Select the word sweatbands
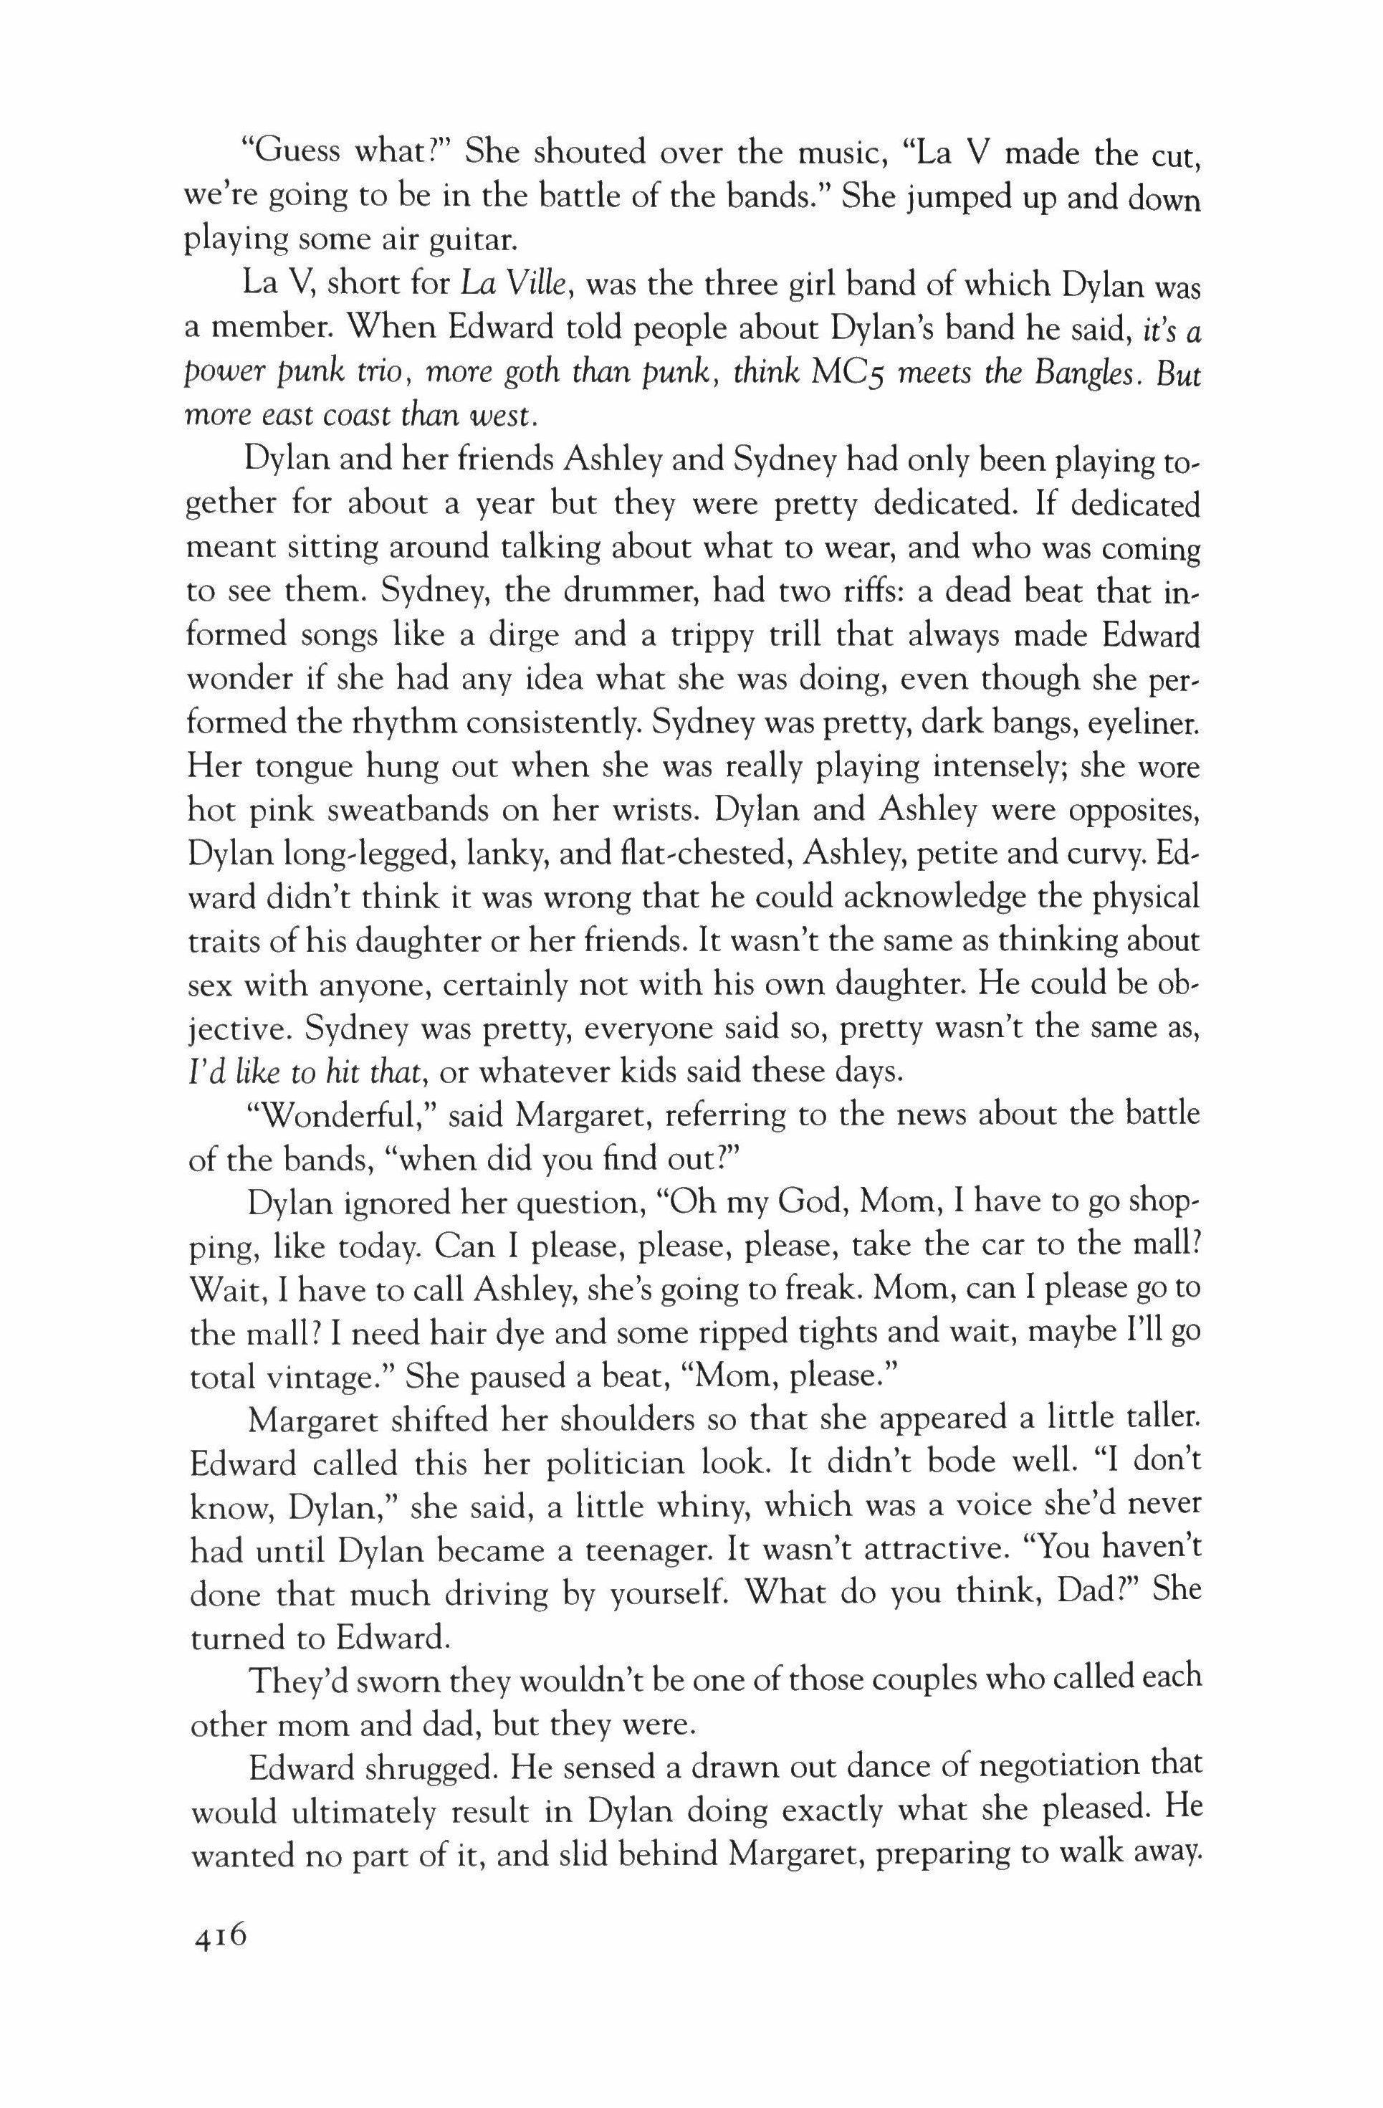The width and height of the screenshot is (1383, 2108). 400,809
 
